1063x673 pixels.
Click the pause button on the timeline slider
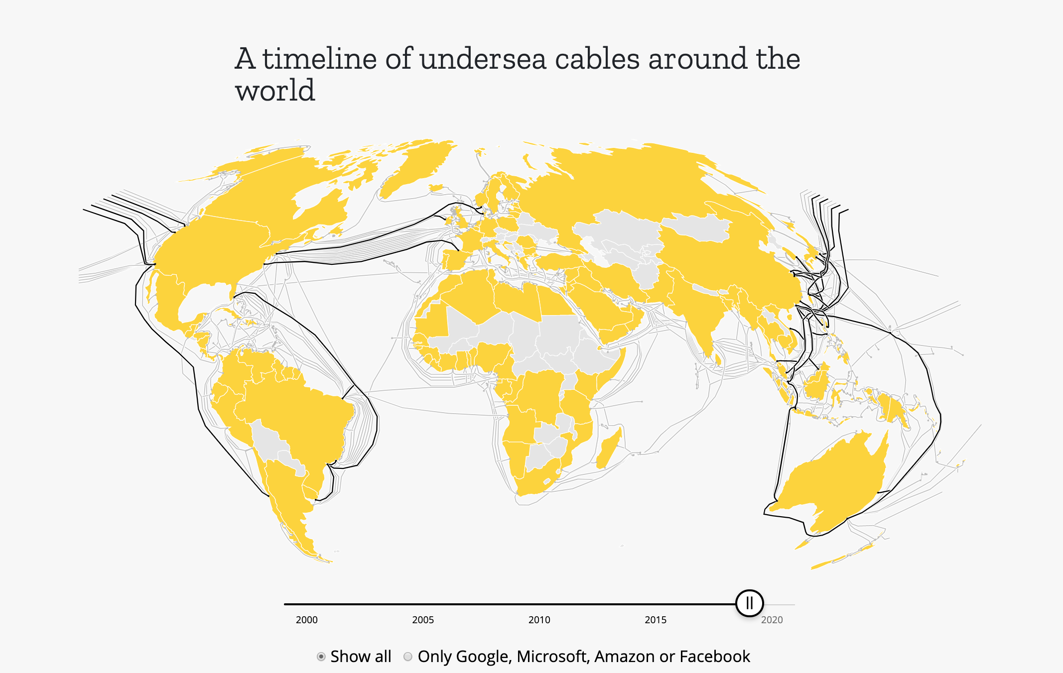[x=749, y=603]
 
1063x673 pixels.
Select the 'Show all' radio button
[x=321, y=657]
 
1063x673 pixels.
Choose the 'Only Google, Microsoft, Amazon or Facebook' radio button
[x=408, y=657]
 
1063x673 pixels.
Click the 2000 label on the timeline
[x=306, y=620]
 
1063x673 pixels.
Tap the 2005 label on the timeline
[x=423, y=620]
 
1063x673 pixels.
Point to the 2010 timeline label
[x=539, y=620]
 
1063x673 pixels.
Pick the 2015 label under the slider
[x=656, y=620]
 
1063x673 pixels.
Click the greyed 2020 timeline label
[x=772, y=620]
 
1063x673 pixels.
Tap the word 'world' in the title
[x=275, y=91]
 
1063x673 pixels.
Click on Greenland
[x=413, y=164]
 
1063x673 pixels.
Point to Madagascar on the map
[x=609, y=448]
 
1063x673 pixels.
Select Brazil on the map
[x=299, y=413]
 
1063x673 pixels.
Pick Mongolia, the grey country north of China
[x=697, y=226]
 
